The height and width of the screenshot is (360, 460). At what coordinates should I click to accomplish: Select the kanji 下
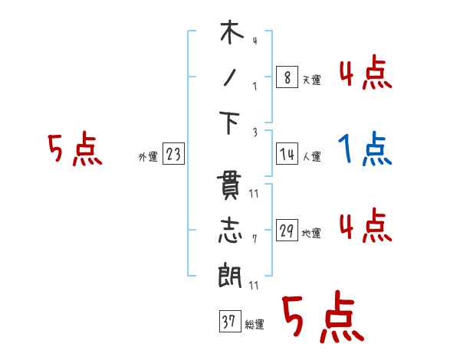(x=231, y=124)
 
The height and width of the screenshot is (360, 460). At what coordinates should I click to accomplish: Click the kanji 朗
(x=231, y=276)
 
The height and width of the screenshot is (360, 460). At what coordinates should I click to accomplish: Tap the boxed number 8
(x=286, y=77)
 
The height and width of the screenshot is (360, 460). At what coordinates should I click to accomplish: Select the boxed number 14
(x=286, y=154)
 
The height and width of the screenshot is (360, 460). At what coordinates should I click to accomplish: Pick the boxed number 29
(x=286, y=231)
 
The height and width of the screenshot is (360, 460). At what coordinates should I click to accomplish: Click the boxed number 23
(x=173, y=155)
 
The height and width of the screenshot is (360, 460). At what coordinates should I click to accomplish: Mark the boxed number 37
(x=228, y=322)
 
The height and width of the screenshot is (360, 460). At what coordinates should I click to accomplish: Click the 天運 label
(x=311, y=80)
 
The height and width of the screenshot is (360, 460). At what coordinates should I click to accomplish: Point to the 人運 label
(x=311, y=157)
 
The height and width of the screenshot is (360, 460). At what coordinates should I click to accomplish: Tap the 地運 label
(x=311, y=234)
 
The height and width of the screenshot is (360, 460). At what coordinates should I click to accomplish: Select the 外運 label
(x=147, y=158)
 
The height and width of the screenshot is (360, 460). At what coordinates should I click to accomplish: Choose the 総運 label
(x=254, y=325)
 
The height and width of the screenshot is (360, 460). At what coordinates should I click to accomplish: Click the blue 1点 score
(x=366, y=149)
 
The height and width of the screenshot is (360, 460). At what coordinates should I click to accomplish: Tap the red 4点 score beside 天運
(x=366, y=74)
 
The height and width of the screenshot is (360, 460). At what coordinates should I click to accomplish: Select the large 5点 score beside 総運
(x=323, y=317)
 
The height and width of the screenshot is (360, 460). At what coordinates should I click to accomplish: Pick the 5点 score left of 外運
(x=74, y=150)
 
